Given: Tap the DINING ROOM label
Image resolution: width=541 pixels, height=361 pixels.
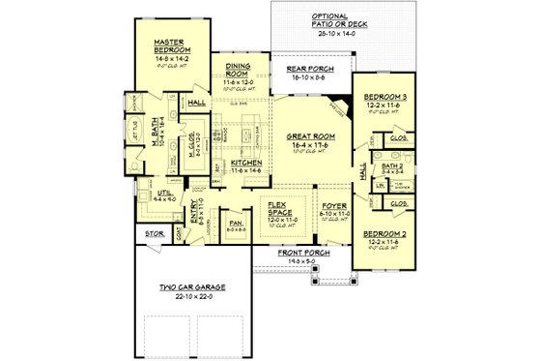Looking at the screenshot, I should coord(238,70).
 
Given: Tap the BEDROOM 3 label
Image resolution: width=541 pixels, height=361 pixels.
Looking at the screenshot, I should coord(384,99).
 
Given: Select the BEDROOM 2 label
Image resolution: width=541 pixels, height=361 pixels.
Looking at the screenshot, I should coord(384,235).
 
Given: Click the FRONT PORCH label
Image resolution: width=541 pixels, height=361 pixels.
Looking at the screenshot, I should coord(301,253).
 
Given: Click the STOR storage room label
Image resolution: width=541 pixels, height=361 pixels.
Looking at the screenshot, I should coord(155,233).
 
